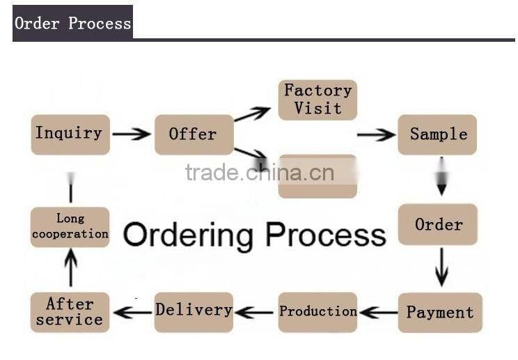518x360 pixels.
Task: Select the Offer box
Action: point(194,134)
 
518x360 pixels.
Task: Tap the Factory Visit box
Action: point(317,100)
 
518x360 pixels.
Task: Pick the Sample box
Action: point(437,134)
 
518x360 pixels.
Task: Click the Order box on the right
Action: point(438,224)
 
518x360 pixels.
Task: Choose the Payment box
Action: point(439,313)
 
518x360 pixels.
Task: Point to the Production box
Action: point(317,312)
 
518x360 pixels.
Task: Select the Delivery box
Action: point(194,311)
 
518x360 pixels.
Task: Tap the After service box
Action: point(70,312)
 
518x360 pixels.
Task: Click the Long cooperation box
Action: point(70,227)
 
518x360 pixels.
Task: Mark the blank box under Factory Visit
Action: point(317,178)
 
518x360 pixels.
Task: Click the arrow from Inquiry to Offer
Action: point(132,134)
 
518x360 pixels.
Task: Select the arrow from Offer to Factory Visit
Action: point(252,114)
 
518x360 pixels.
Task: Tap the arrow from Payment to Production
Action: point(379,313)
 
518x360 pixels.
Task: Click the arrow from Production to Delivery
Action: point(255,313)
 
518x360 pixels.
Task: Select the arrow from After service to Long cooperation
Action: point(70,269)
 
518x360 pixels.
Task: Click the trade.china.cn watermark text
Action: point(259,173)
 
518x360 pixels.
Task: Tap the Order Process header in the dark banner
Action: point(72,23)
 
